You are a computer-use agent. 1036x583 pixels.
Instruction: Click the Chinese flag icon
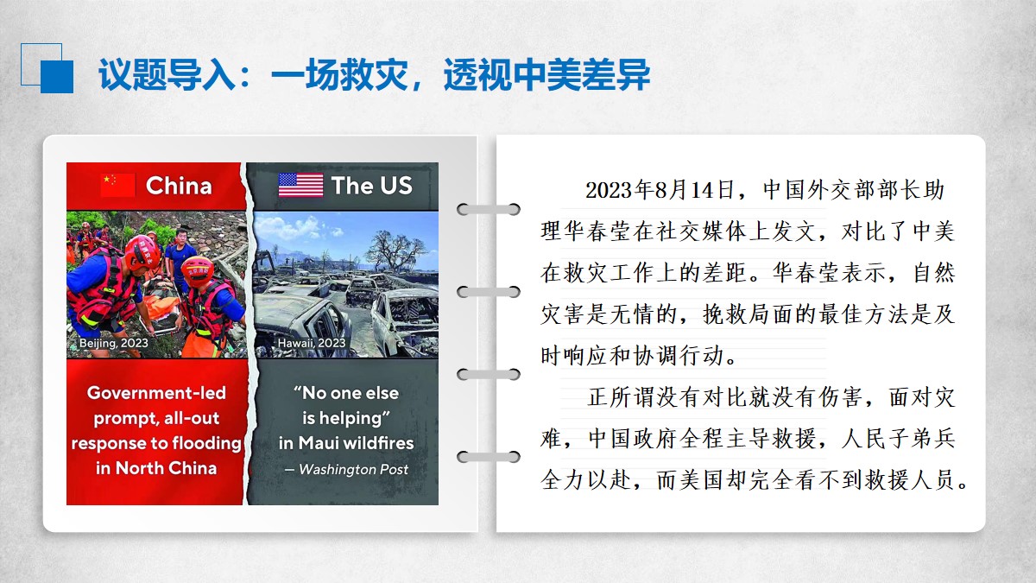[118, 185]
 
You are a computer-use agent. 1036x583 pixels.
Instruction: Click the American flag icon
[300, 185]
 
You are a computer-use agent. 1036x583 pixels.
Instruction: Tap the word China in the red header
[179, 186]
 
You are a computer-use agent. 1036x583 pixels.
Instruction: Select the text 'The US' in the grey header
[372, 186]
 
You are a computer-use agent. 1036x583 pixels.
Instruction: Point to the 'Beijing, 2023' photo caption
[114, 343]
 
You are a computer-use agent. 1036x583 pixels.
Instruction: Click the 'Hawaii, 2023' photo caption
[312, 343]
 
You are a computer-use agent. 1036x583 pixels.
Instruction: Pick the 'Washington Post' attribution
[353, 469]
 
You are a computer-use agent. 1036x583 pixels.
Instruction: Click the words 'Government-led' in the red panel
[156, 393]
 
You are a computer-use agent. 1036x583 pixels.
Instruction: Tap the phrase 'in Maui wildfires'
[346, 443]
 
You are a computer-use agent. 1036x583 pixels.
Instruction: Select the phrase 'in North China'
[156, 468]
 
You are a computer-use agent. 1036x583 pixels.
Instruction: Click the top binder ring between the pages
[489, 210]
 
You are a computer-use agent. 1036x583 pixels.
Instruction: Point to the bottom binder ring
[489, 457]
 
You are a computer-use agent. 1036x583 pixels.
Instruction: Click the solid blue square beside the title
[57, 77]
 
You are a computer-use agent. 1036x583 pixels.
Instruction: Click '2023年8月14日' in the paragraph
[660, 190]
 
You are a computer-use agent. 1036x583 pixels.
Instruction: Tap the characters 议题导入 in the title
[167, 74]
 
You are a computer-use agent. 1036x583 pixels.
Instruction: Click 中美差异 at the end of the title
[581, 74]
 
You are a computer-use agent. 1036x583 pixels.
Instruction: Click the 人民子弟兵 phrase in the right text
[898, 439]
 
